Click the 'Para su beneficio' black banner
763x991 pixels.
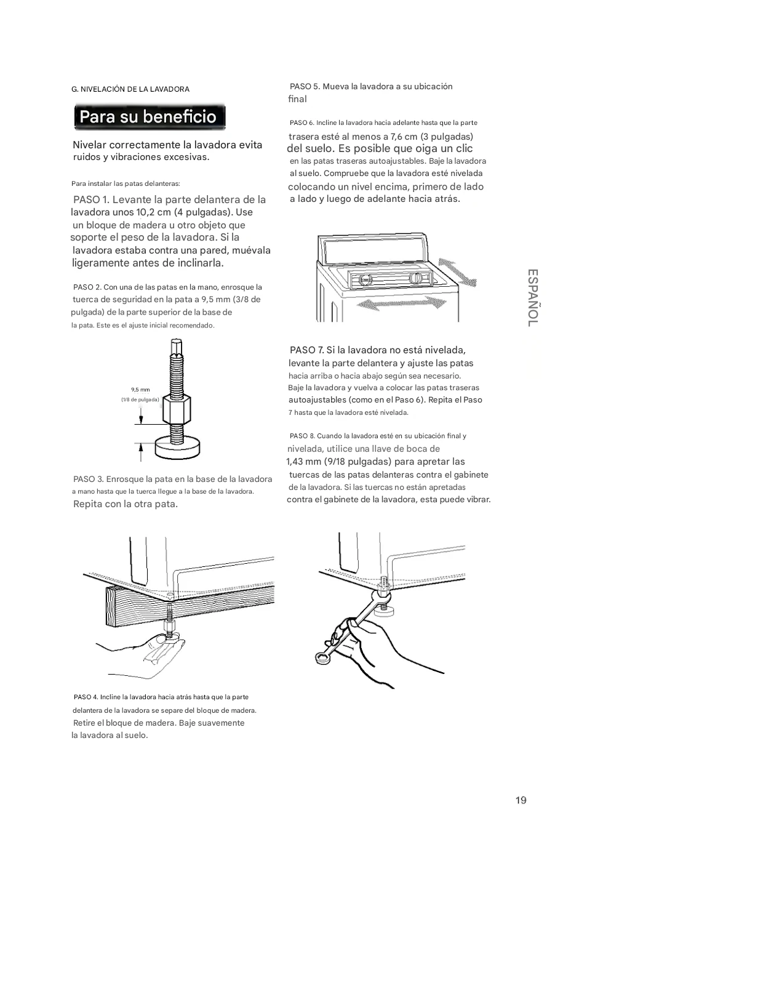point(150,117)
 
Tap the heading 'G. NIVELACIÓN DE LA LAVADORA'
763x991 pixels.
point(130,89)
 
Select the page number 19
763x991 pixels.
point(521,800)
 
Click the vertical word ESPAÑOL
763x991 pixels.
point(533,297)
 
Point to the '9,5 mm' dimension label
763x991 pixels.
point(140,390)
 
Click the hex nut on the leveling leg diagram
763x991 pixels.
point(177,409)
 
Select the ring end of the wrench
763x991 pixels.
point(322,657)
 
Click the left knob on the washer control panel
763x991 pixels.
point(366,279)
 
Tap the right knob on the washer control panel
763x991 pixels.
point(416,278)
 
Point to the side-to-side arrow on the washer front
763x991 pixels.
point(402,302)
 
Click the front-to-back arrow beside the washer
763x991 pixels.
point(457,272)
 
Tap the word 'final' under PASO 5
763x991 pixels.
point(297,99)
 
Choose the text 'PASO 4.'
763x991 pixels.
point(86,697)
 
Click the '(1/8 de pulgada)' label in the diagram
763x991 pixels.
point(140,399)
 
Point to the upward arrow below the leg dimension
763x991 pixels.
point(140,452)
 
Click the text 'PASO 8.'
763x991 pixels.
point(302,436)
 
